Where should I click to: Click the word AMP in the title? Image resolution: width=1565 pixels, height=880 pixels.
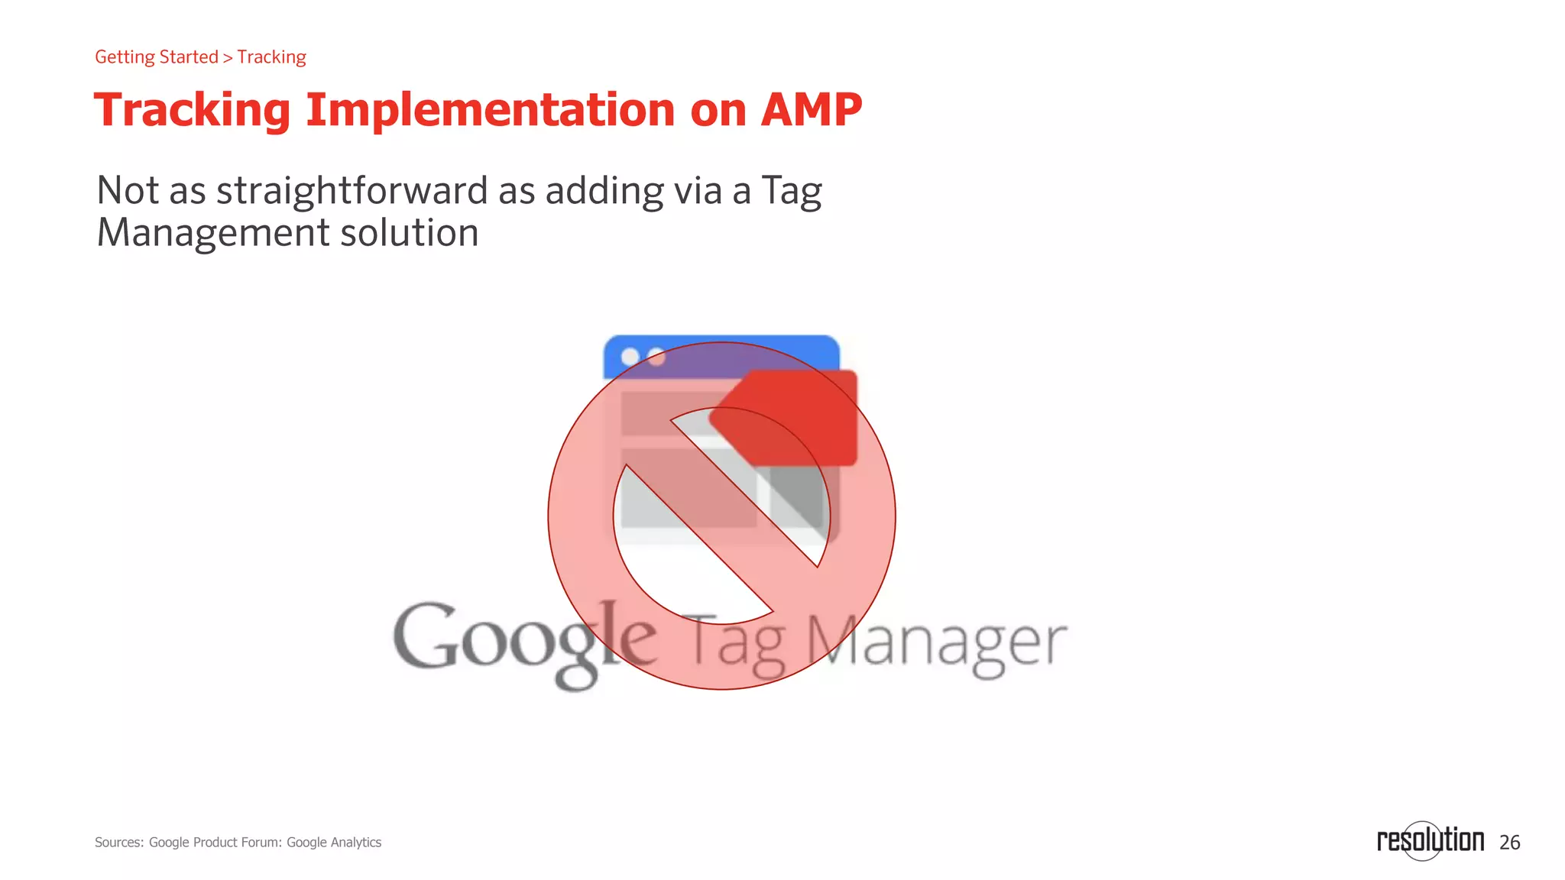pos(811,110)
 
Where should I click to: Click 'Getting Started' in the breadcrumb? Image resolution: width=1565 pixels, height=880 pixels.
pos(157,57)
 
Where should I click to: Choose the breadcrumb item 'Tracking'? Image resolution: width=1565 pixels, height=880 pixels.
pos(271,57)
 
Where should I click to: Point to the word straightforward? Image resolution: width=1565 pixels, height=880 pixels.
pos(352,191)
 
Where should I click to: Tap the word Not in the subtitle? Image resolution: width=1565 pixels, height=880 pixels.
pos(127,190)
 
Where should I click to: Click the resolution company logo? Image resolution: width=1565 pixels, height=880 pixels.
pos(1430,840)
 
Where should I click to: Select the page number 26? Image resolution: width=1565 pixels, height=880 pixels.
pos(1509,843)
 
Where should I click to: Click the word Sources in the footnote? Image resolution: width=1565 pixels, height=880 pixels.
pos(118,843)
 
